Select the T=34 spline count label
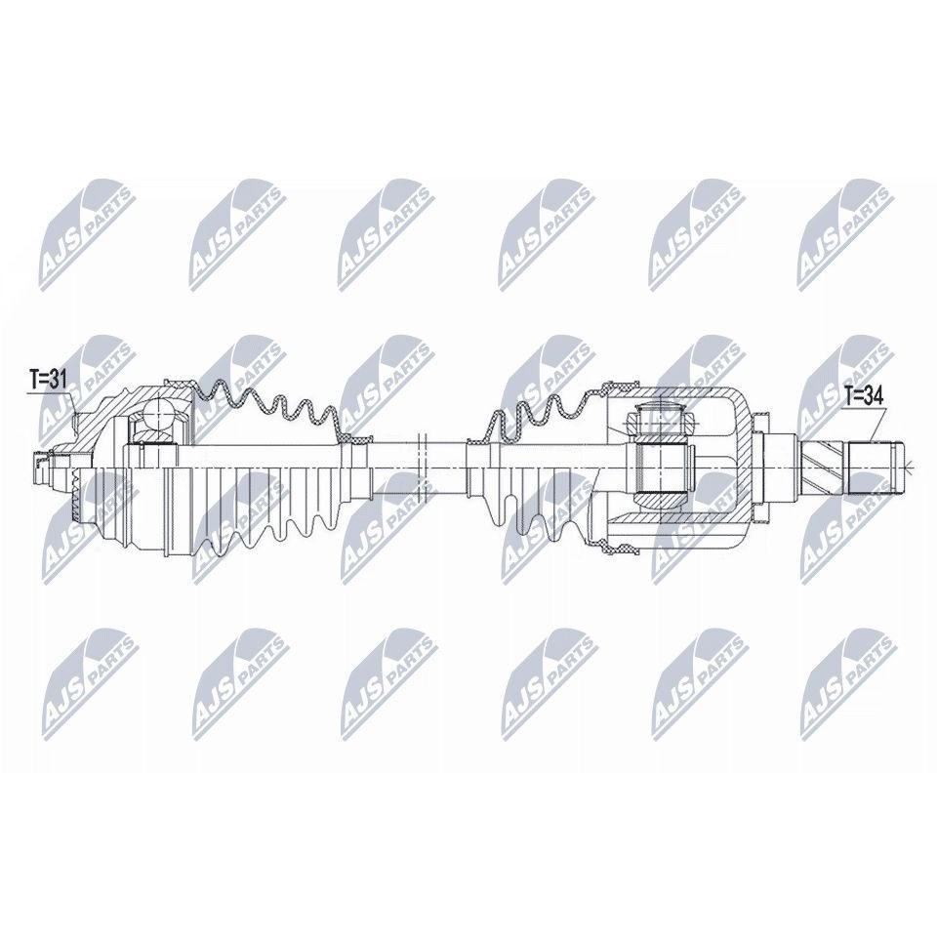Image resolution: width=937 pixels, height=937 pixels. (x=864, y=395)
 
